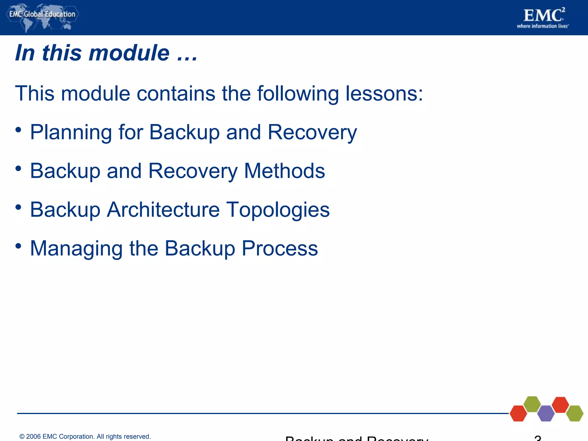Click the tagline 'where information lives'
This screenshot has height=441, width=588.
[x=542, y=26]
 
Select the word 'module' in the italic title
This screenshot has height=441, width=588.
[x=129, y=53]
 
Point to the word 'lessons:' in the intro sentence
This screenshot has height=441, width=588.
[x=384, y=94]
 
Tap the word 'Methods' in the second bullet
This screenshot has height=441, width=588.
[x=284, y=171]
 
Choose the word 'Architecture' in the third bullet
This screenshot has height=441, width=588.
[x=163, y=210]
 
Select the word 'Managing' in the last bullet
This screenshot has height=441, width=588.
[x=76, y=248]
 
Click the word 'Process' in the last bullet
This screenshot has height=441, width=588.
[x=280, y=248]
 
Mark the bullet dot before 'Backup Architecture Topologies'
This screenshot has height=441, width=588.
[x=18, y=207]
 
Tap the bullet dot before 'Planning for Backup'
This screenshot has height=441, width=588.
[x=18, y=130]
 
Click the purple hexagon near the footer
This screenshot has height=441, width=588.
[x=546, y=413]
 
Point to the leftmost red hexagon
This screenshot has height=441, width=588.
[x=518, y=413]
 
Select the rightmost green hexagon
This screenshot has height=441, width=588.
[x=575, y=413]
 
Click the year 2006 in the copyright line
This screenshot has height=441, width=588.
[x=33, y=436]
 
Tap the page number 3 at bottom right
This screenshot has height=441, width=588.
[x=538, y=438]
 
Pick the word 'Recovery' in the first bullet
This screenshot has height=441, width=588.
[x=312, y=132]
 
